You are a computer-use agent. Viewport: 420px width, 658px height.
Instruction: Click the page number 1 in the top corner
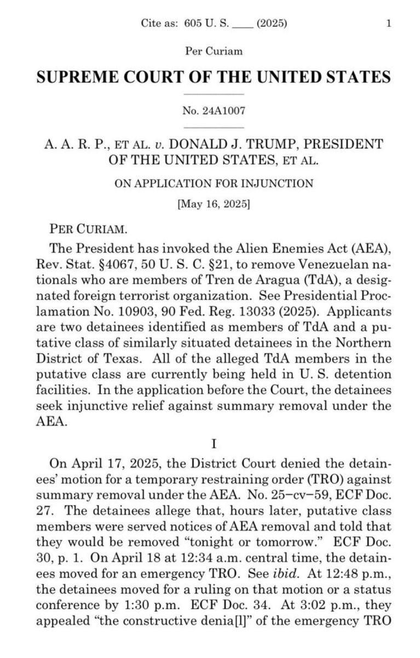(388, 24)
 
